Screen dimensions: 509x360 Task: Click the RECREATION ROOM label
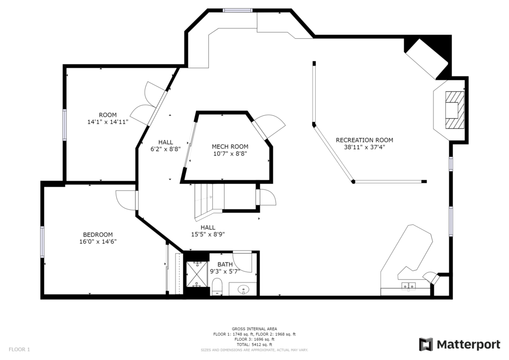pyautogui.click(x=364, y=140)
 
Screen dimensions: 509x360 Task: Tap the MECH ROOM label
pyautogui.click(x=230, y=147)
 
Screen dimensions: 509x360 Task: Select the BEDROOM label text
pyautogui.click(x=98, y=235)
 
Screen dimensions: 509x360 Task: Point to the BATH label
pyautogui.click(x=225, y=265)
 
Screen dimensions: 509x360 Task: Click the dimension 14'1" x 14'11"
pyautogui.click(x=108, y=122)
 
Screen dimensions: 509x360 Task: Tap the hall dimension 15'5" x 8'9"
pyautogui.click(x=208, y=234)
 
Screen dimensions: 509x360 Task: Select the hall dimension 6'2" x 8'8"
pyautogui.click(x=166, y=149)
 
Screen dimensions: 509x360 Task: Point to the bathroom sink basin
pyautogui.click(x=243, y=288)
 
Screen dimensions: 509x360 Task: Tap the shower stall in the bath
pyautogui.click(x=197, y=274)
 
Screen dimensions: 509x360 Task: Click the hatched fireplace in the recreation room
pyautogui.click(x=454, y=110)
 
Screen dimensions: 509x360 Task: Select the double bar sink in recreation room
pyautogui.click(x=409, y=285)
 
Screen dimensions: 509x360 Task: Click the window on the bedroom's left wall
pyautogui.click(x=42, y=242)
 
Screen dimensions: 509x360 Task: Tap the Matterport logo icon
pyautogui.click(x=426, y=345)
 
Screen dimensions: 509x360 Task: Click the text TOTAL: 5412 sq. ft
pyautogui.click(x=254, y=345)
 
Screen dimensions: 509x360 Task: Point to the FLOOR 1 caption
pyautogui.click(x=19, y=350)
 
